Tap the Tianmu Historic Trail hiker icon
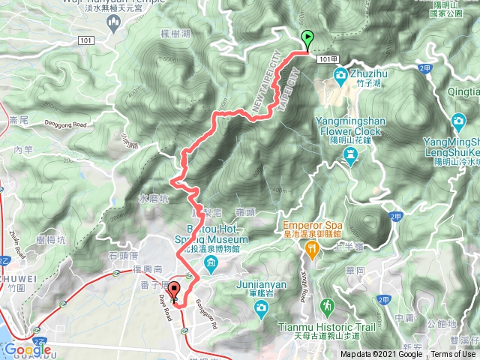327,306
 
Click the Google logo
26,349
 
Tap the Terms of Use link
452,355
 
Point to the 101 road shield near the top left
85,40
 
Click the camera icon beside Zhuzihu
340,75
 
